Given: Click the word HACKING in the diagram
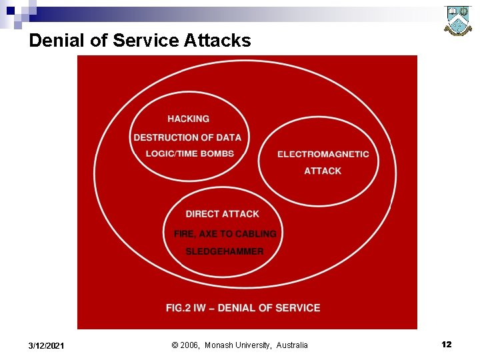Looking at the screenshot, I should coord(188,119).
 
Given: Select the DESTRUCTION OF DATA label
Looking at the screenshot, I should coord(187,137).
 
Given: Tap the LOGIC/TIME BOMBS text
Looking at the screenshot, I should coord(190,153).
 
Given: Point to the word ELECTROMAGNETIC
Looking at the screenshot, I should coord(323,154).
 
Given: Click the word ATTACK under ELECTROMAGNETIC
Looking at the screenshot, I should coord(323,171).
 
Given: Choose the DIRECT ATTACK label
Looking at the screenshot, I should coord(222,214).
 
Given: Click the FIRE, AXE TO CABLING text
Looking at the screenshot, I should coord(225,234).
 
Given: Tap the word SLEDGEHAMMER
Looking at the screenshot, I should coord(224,251).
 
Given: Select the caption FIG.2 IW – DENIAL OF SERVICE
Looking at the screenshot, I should coord(243,308).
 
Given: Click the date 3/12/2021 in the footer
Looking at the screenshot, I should coord(47,345).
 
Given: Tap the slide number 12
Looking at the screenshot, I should coord(446,345).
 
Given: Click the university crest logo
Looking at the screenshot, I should coord(458,21).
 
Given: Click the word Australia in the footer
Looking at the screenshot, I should coord(293,345).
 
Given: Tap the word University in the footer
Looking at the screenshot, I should coord(253,345).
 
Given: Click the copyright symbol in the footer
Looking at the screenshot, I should coord(175,345).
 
